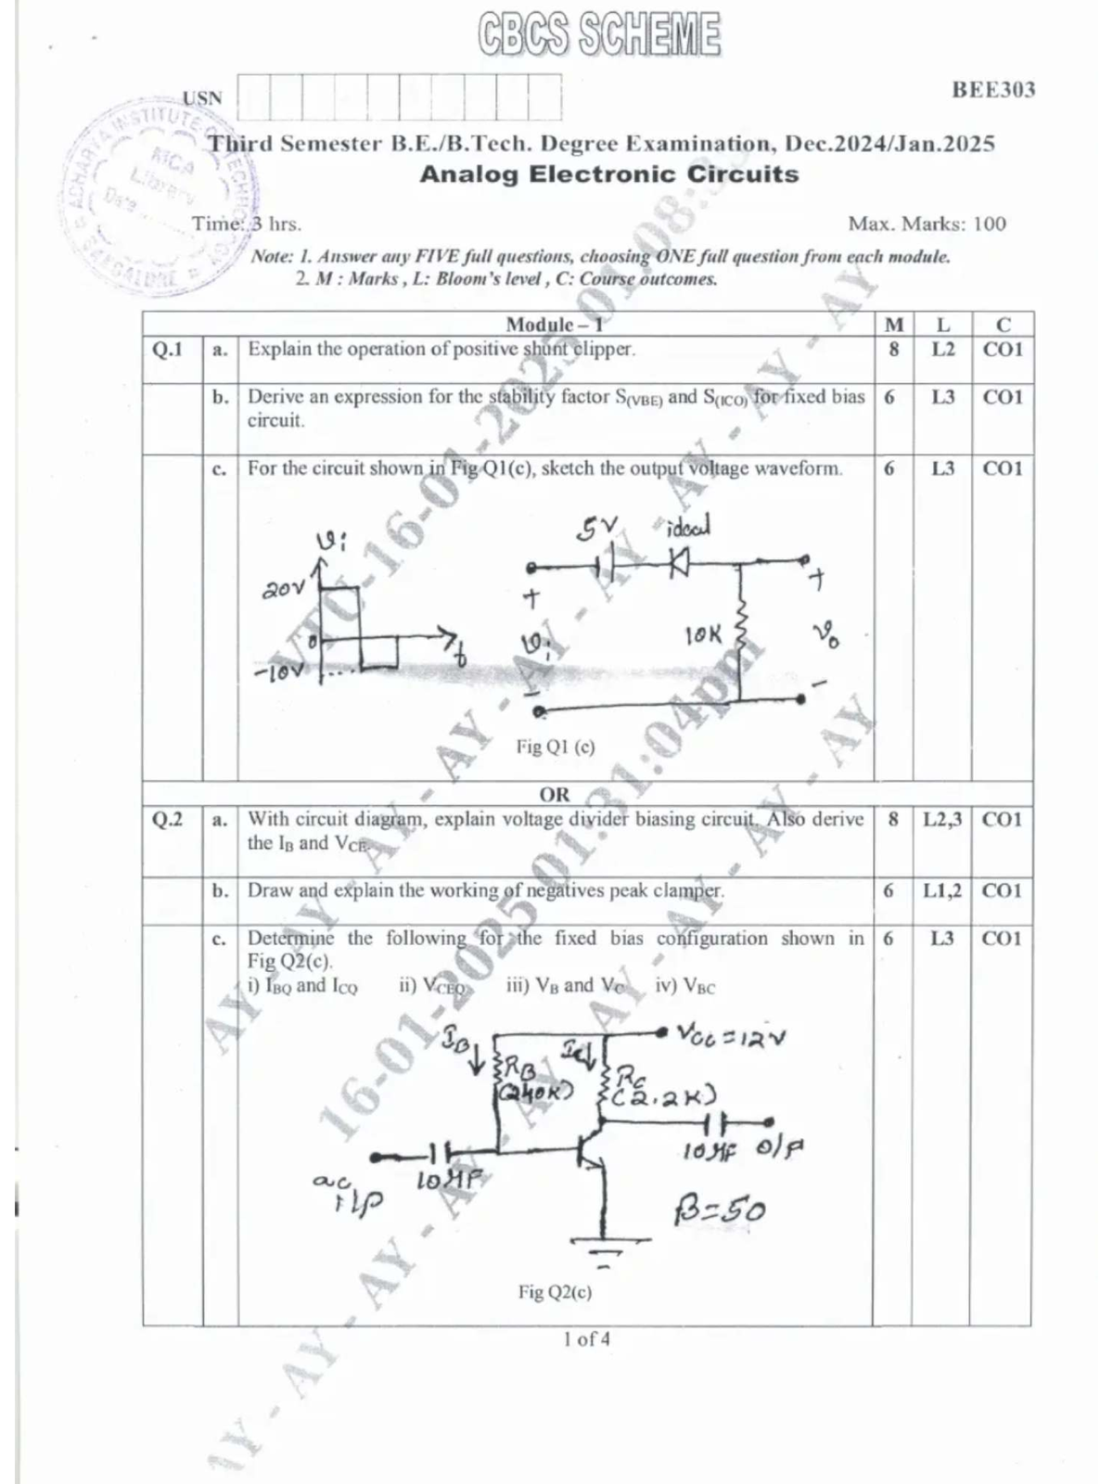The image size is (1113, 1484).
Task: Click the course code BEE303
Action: pyautogui.click(x=993, y=90)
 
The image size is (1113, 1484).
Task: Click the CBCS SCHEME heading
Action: pyautogui.click(x=599, y=35)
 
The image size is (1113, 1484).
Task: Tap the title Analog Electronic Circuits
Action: pyautogui.click(x=608, y=174)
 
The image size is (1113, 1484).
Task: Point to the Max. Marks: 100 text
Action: pyautogui.click(x=927, y=224)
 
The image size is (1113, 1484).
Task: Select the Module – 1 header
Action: pyautogui.click(x=554, y=324)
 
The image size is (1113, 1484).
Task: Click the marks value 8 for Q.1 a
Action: pyautogui.click(x=893, y=350)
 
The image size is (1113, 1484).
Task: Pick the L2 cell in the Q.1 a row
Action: pyautogui.click(x=942, y=350)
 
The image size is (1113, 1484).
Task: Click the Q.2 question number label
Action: pyautogui.click(x=168, y=819)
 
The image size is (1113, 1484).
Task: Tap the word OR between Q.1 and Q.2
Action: pyautogui.click(x=554, y=794)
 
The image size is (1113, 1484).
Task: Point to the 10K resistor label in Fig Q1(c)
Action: pyautogui.click(x=702, y=635)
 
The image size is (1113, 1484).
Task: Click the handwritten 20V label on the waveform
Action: pyautogui.click(x=283, y=587)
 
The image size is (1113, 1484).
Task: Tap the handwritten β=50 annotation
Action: pyautogui.click(x=720, y=1209)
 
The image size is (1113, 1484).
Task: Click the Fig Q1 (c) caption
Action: pyautogui.click(x=555, y=747)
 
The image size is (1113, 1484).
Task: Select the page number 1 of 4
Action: pyautogui.click(x=586, y=1339)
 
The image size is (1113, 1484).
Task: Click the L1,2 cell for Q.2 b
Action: pyautogui.click(x=941, y=890)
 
